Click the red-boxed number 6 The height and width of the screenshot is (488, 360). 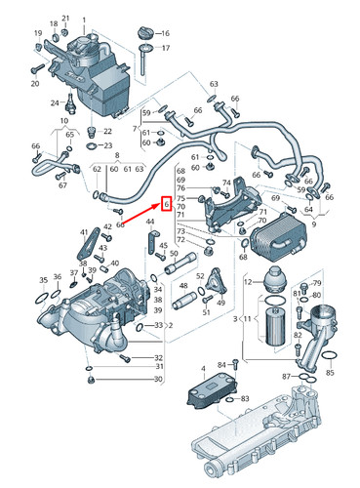(167, 204)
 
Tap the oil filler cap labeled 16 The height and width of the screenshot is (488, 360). (145, 33)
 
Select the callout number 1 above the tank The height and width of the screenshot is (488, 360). (84, 20)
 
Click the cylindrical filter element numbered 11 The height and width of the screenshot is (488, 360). (275, 327)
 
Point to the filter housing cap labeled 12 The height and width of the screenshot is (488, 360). (274, 281)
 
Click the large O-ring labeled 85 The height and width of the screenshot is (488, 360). (329, 356)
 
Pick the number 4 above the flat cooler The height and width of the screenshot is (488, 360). (203, 369)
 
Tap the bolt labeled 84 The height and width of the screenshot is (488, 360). (236, 364)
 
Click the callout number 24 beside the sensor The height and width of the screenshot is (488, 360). (55, 103)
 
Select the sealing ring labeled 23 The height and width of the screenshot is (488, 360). (93, 145)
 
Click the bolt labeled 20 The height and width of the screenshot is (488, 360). (38, 68)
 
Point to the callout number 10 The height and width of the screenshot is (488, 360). (64, 121)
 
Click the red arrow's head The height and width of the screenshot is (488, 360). (160, 204)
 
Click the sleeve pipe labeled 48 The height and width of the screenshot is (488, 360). (184, 302)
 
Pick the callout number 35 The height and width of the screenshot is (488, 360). (44, 280)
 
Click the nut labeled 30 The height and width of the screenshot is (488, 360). (91, 380)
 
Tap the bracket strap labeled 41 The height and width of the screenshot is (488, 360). (88, 245)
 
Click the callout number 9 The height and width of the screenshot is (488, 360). (313, 224)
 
